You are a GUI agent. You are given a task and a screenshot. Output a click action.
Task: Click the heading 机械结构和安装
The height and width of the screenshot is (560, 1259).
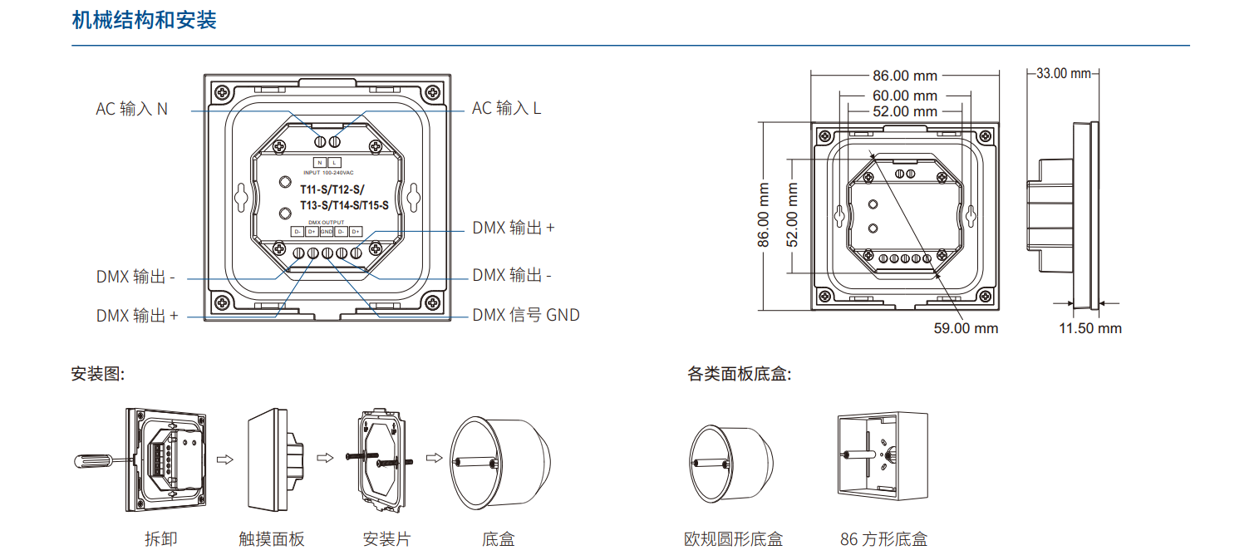click(144, 21)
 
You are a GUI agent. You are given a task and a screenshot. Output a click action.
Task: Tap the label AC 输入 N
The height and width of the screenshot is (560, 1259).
click(131, 109)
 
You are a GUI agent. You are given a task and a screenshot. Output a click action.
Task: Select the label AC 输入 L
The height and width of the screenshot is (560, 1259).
click(506, 108)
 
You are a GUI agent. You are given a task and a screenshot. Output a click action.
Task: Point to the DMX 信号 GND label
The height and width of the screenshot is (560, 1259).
click(525, 316)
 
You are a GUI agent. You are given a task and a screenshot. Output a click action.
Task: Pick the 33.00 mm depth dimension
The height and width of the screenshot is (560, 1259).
click(1063, 73)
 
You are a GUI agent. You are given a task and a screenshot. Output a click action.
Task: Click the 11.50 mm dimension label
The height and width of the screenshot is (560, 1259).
click(1089, 328)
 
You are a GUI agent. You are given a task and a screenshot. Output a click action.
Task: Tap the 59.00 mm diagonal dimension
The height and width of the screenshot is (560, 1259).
click(966, 328)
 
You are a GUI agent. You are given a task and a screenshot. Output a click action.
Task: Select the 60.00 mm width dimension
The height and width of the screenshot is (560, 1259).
click(904, 96)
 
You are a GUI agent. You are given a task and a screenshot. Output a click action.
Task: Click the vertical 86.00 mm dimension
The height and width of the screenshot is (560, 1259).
click(764, 215)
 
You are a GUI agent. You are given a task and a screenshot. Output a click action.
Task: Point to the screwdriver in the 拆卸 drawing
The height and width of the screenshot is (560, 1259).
click(100, 459)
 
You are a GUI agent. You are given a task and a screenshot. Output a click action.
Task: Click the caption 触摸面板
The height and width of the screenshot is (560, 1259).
click(272, 539)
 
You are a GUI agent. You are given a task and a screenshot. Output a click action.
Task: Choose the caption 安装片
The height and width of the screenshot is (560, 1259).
click(386, 539)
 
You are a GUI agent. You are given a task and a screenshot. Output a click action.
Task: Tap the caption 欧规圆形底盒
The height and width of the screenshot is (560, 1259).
click(733, 539)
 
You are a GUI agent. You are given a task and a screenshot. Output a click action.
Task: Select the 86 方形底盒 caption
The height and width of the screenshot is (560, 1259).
click(883, 539)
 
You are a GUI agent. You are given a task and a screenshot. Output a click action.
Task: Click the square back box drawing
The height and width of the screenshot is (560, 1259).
click(882, 456)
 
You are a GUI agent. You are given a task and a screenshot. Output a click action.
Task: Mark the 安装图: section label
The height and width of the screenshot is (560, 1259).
click(97, 374)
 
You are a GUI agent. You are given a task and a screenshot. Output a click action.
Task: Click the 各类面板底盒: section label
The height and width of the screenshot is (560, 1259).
click(739, 374)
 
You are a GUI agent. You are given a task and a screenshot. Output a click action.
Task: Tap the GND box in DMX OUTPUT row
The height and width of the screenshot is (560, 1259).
click(326, 231)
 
